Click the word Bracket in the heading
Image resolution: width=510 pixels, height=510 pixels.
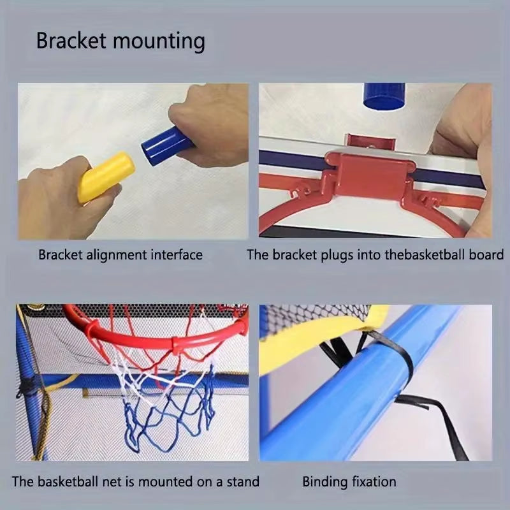tap(71, 41)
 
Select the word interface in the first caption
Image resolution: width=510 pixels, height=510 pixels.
tap(177, 256)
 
